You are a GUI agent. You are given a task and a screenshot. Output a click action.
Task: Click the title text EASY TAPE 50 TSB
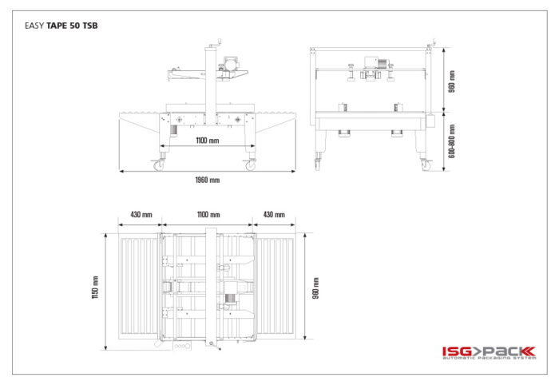point(61,26)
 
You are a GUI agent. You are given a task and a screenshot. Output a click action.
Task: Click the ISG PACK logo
point(489,352)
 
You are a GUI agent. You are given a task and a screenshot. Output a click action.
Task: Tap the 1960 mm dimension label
point(208,180)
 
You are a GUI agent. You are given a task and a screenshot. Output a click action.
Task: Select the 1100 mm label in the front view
point(208,141)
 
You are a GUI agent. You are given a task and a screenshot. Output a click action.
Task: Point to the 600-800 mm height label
point(452,141)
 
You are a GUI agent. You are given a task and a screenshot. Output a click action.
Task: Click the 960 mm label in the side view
point(452,81)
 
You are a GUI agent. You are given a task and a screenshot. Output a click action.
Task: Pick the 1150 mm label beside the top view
point(95,288)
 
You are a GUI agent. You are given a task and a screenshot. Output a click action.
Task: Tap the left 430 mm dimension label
point(141,215)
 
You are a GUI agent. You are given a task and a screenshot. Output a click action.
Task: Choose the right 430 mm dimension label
point(274,215)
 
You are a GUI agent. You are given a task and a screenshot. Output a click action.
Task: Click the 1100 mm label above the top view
point(208,215)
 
